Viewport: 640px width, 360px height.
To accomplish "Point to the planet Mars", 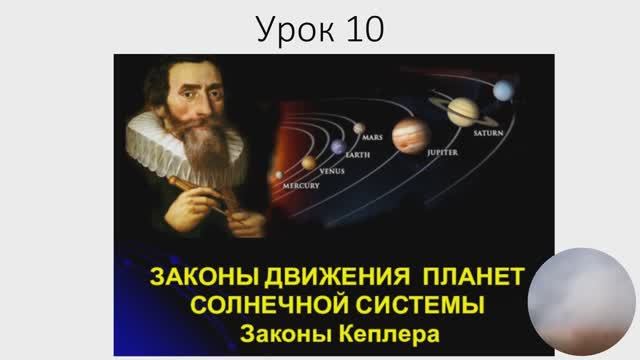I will (358, 127).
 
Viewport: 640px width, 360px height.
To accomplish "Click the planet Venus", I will (309, 163).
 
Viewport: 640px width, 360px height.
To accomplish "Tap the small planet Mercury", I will (279, 175).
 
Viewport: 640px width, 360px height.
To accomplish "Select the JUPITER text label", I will (442, 153).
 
